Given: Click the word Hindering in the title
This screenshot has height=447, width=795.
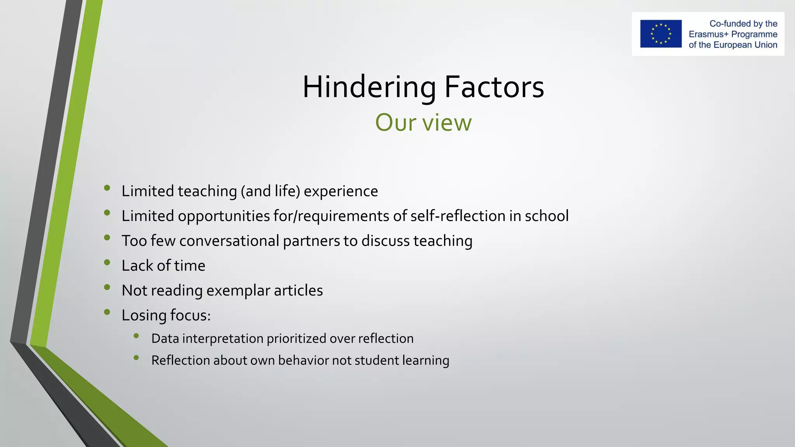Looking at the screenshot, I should pyautogui.click(x=369, y=87).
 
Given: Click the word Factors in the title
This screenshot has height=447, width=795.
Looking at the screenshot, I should pyautogui.click(x=494, y=87).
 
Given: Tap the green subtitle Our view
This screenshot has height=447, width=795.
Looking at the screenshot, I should pyautogui.click(x=423, y=123).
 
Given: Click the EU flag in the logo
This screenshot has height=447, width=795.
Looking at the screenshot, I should pyautogui.click(x=661, y=34).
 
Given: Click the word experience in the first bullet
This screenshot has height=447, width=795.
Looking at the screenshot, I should pyautogui.click(x=341, y=191).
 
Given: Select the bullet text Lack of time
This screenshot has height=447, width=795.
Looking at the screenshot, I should pyautogui.click(x=163, y=266).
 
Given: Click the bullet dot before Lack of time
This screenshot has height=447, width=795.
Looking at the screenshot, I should pyautogui.click(x=107, y=262).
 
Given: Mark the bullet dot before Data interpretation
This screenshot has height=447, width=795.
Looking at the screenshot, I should pyautogui.click(x=136, y=336).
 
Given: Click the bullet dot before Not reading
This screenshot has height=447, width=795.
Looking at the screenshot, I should pyautogui.click(x=107, y=287).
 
